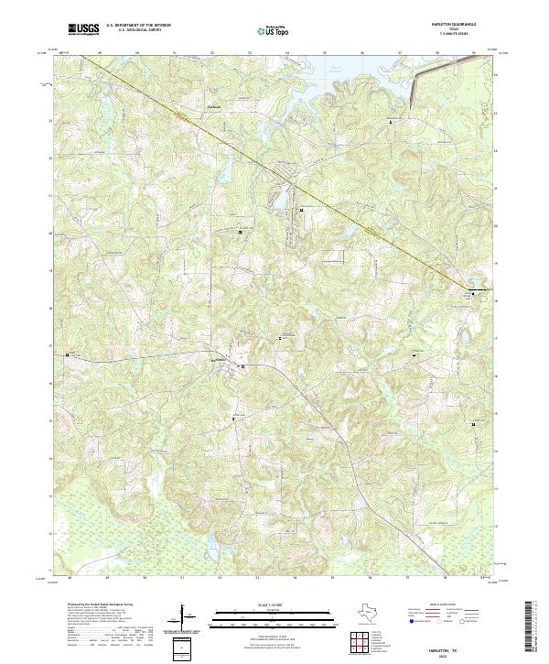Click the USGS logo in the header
[x=83, y=29]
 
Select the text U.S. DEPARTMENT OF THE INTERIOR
[x=138, y=26]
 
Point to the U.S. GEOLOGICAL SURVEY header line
[x=138, y=30]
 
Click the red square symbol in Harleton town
[x=242, y=367]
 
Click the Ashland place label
[x=216, y=107]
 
